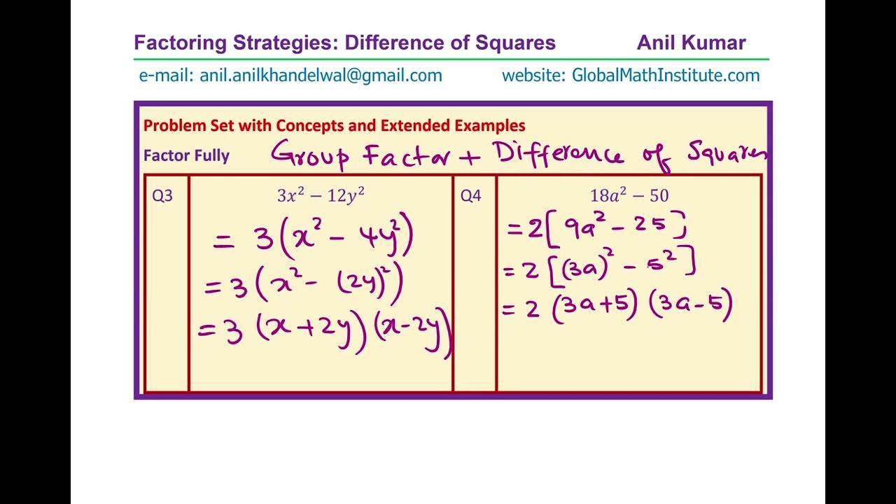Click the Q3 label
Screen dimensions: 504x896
point(162,196)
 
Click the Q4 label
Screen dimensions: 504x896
point(470,196)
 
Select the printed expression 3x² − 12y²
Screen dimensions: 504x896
point(321,196)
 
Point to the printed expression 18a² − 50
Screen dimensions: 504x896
point(629,196)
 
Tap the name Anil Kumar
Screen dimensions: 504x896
point(691,43)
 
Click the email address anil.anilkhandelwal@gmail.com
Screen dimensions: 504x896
point(321,76)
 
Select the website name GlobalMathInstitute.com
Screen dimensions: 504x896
point(666,76)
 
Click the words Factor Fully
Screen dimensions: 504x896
point(186,155)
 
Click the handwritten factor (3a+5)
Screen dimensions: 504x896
point(594,308)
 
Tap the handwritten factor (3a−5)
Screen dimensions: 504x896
point(691,307)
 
